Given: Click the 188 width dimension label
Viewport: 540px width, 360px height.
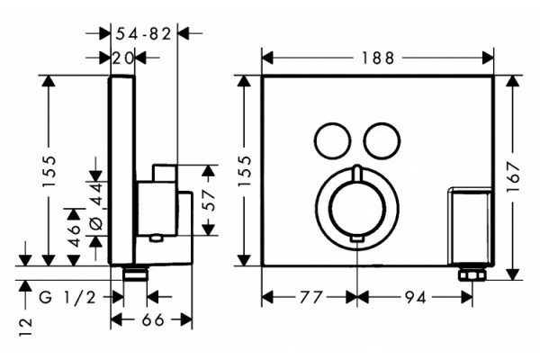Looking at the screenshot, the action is tap(378, 58).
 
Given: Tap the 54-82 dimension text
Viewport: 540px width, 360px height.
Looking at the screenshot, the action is tap(144, 34).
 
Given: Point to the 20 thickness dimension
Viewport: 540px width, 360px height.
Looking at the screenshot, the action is tap(122, 58).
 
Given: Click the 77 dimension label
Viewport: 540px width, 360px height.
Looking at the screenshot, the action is tap(310, 297).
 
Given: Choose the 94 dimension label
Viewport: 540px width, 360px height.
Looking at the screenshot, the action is tap(415, 297).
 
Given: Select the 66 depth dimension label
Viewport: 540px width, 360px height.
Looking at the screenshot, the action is tap(153, 320).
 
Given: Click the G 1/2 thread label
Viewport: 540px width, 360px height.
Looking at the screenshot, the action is tap(67, 297).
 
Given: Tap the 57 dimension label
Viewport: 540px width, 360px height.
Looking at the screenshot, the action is tap(209, 201).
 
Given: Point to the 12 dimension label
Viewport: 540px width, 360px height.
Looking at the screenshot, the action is tap(25, 327).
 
